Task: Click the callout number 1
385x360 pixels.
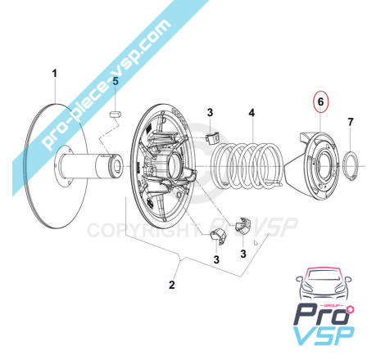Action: click(x=55, y=74)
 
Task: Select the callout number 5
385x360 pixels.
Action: click(x=115, y=81)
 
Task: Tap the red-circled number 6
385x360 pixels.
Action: click(x=320, y=101)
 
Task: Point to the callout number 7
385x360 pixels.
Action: click(x=351, y=122)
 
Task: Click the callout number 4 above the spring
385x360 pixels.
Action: click(x=251, y=113)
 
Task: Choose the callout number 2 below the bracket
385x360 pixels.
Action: click(x=172, y=285)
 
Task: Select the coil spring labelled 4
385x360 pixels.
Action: click(x=248, y=166)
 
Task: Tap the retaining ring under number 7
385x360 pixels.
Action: click(x=351, y=165)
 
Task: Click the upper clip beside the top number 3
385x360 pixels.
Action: click(x=212, y=137)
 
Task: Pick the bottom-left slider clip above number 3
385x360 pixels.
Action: click(x=218, y=234)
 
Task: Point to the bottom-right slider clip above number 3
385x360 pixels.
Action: click(x=243, y=225)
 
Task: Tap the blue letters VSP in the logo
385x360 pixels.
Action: click(x=324, y=335)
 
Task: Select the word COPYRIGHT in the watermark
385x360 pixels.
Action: click(x=142, y=231)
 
